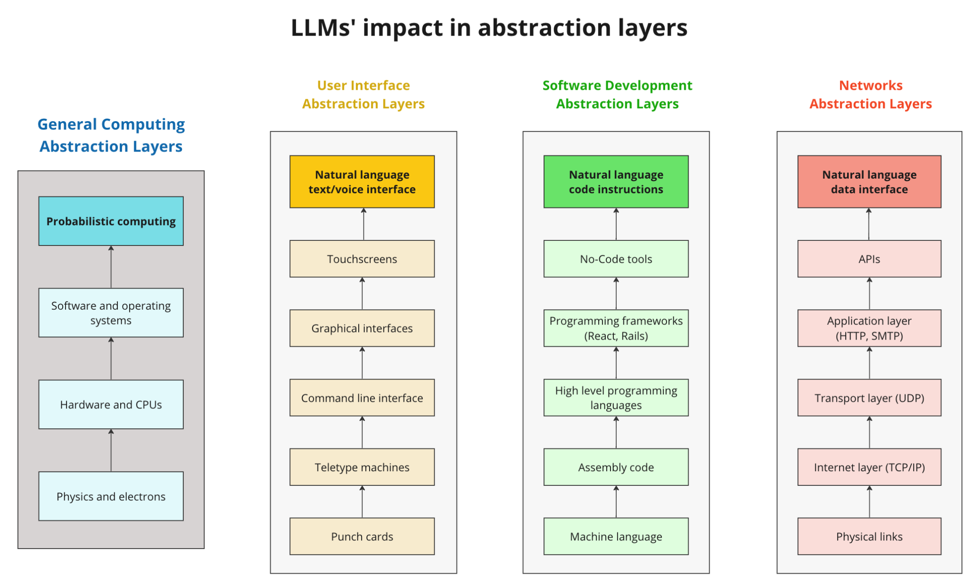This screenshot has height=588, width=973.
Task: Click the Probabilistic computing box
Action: click(111, 221)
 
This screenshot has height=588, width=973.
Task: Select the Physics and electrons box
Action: click(111, 496)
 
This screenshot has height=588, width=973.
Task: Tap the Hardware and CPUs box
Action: click(111, 405)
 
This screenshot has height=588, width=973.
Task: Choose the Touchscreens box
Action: click(362, 259)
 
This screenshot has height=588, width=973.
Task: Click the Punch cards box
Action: click(362, 536)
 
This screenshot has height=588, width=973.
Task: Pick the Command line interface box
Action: click(362, 398)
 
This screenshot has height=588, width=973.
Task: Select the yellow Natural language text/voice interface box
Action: click(362, 182)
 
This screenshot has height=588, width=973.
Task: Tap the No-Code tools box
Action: click(616, 259)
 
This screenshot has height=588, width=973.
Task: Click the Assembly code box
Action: click(616, 467)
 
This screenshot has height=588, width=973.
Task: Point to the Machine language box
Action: click(616, 536)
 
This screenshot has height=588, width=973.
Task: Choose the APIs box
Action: click(869, 259)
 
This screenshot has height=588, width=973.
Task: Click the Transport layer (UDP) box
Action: click(869, 398)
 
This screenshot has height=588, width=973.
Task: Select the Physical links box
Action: click(869, 536)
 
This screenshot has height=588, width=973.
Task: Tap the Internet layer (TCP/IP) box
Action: click(869, 467)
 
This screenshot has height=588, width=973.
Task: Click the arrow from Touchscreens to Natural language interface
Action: click(363, 224)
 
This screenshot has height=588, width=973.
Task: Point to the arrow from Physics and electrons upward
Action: click(111, 450)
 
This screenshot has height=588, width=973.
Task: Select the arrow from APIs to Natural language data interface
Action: click(869, 224)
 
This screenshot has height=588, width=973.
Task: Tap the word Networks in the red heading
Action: click(870, 85)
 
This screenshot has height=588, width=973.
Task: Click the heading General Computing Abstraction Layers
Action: click(111, 135)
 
